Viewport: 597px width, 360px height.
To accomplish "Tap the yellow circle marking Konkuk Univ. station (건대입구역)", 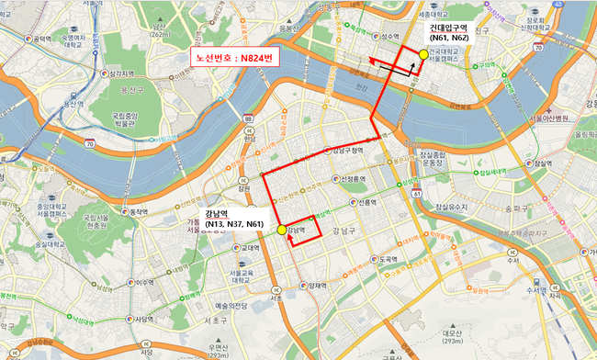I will tap(423, 54).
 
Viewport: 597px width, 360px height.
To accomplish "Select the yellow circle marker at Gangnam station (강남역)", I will tap(281, 231).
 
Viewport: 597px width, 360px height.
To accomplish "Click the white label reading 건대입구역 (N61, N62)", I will tap(449, 34).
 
